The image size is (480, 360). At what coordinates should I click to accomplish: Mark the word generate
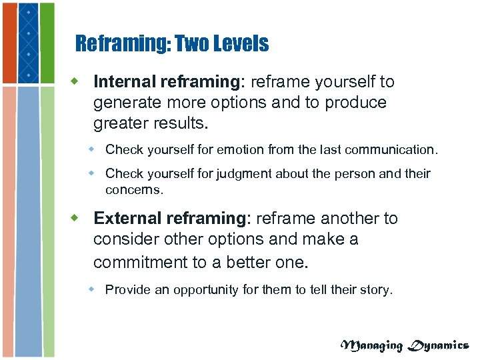tap(126, 103)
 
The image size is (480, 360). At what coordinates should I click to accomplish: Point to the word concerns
tap(133, 189)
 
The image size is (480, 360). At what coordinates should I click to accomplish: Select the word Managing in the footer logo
tap(372, 345)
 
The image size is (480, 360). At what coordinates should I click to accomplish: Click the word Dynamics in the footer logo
tap(438, 345)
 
